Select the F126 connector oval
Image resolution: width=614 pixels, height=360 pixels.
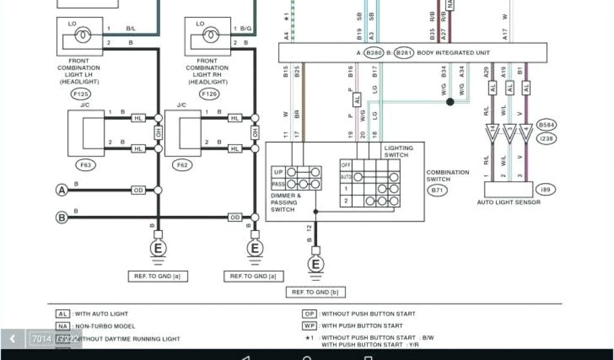coord(209,94)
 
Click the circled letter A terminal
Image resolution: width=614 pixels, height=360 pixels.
coord(61,190)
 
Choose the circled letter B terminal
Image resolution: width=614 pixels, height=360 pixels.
coord(61,217)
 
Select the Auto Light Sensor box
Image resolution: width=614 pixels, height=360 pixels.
coord(508,190)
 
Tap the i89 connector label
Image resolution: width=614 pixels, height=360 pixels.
coord(545,190)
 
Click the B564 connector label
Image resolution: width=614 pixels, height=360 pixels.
coord(546,125)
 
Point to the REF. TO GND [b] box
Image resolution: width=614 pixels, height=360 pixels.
coord(315,292)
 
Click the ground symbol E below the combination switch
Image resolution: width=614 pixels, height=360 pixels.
coord(315,264)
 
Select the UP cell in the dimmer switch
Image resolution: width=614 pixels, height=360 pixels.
coord(278,172)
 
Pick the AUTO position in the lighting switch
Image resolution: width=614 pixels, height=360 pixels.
coord(345,177)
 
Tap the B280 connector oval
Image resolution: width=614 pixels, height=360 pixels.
coord(374,53)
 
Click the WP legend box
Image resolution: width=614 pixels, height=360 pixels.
coord(309,326)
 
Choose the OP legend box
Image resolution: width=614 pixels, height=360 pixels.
coord(309,314)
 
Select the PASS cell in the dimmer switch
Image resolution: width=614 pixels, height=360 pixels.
coord(278,184)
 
